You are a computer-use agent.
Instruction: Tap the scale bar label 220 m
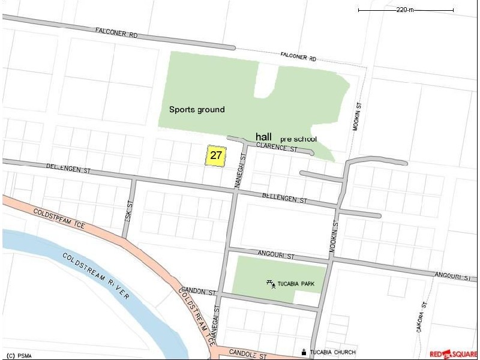point(406,10)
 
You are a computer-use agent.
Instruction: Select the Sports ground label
point(197,109)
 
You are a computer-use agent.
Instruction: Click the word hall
point(264,136)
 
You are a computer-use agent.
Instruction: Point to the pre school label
point(298,139)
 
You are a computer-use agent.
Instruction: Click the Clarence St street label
point(277,146)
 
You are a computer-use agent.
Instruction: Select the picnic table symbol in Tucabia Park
point(271,283)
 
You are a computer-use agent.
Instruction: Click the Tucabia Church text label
point(333,352)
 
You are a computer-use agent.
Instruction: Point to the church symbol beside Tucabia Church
point(304,352)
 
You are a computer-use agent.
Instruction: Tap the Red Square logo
point(454,354)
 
